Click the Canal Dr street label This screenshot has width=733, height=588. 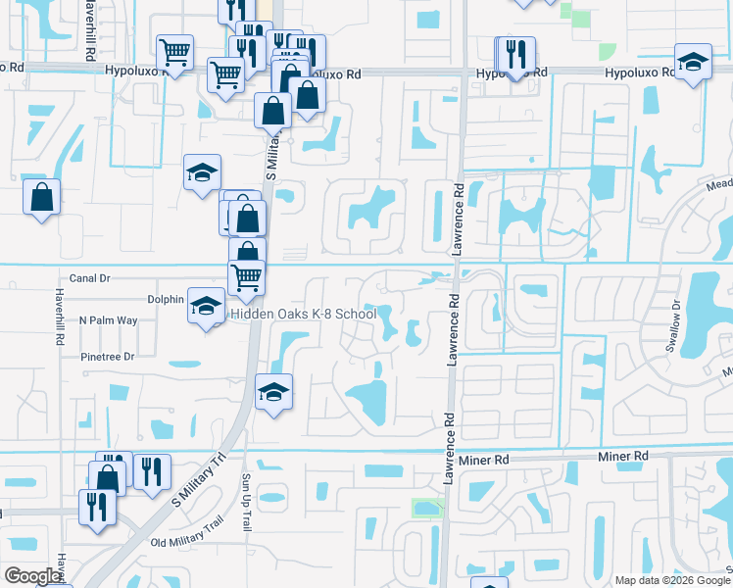click(x=90, y=278)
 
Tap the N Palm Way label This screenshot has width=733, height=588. click(x=109, y=320)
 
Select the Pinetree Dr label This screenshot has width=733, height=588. click(x=108, y=357)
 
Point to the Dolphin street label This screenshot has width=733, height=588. click(x=166, y=299)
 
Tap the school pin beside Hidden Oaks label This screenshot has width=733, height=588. click(x=206, y=307)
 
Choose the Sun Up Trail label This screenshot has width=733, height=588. click(x=246, y=503)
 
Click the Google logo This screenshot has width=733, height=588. click(x=32, y=576)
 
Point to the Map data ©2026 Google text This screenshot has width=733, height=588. click(x=672, y=580)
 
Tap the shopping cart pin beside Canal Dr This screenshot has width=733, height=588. click(x=247, y=277)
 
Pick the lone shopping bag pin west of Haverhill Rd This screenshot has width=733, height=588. click(x=42, y=196)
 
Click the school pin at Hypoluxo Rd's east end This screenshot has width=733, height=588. click(x=693, y=64)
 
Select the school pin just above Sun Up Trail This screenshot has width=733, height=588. click(x=273, y=393)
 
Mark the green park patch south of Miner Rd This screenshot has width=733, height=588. click(x=426, y=508)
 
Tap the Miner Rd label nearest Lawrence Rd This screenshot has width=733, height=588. click(x=487, y=459)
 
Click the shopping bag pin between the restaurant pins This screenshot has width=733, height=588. click(x=108, y=477)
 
